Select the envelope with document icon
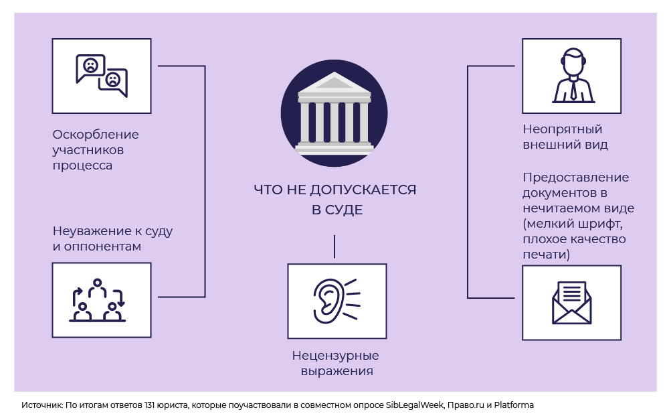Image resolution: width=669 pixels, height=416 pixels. pyautogui.click(x=571, y=303)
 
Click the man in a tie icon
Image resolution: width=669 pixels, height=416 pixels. pyautogui.click(x=571, y=76)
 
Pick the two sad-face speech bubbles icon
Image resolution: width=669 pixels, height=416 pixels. pyautogui.click(x=101, y=76)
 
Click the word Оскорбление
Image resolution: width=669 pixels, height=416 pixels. pyautogui.click(x=96, y=134)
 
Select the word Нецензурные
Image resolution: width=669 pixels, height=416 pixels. pyautogui.click(x=335, y=356)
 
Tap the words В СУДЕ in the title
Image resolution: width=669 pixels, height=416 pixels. pyautogui.click(x=337, y=210)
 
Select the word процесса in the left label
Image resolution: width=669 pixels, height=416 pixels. pyautogui.click(x=82, y=165)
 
